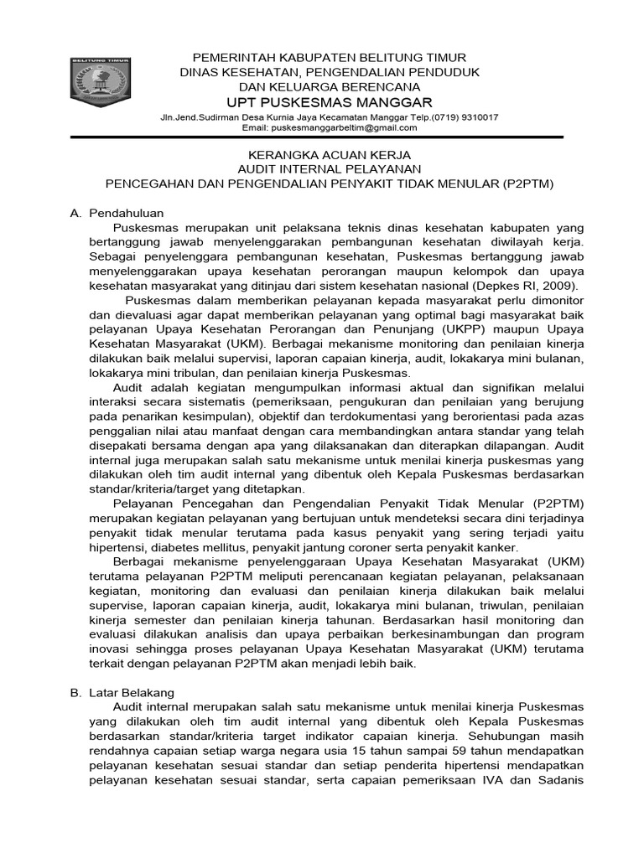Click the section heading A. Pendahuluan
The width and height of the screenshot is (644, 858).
(117, 213)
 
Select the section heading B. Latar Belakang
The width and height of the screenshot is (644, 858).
(122, 693)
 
